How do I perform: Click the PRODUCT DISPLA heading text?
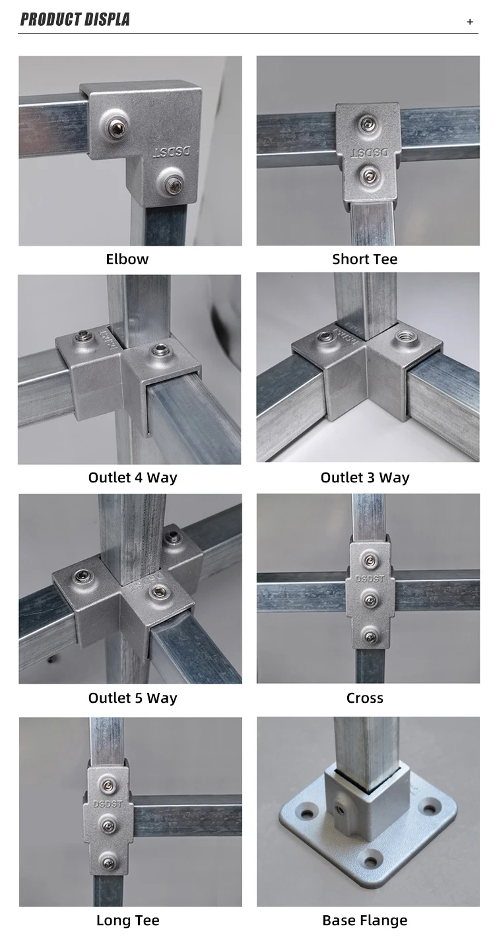tap(75, 20)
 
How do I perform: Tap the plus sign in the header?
tap(470, 22)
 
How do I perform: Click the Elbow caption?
tap(127, 259)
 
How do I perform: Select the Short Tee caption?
tap(365, 259)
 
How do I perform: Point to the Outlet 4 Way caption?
tap(133, 478)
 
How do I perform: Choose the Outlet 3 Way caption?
tap(365, 478)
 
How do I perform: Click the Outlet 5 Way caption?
tap(133, 698)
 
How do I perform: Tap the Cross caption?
tap(365, 698)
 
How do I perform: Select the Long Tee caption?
tap(128, 921)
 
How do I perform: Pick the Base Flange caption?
tap(365, 921)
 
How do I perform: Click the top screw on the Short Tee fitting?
tap(367, 123)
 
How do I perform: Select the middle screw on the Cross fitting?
tap(370, 600)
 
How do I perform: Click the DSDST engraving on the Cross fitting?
tap(370, 580)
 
